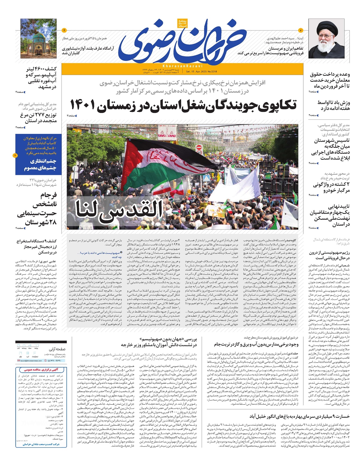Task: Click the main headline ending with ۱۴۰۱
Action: pyautogui.click(x=183, y=104)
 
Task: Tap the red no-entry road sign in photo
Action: pyautogui.click(x=199, y=148)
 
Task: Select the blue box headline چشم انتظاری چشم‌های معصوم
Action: pyautogui.click(x=40, y=165)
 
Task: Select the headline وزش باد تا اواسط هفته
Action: pyautogui.click(x=333, y=105)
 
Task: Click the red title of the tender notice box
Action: pyautogui.click(x=41, y=370)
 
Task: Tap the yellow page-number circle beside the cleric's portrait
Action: pyautogui.click(x=301, y=30)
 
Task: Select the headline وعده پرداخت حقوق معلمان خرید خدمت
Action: pyautogui.click(x=330, y=80)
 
